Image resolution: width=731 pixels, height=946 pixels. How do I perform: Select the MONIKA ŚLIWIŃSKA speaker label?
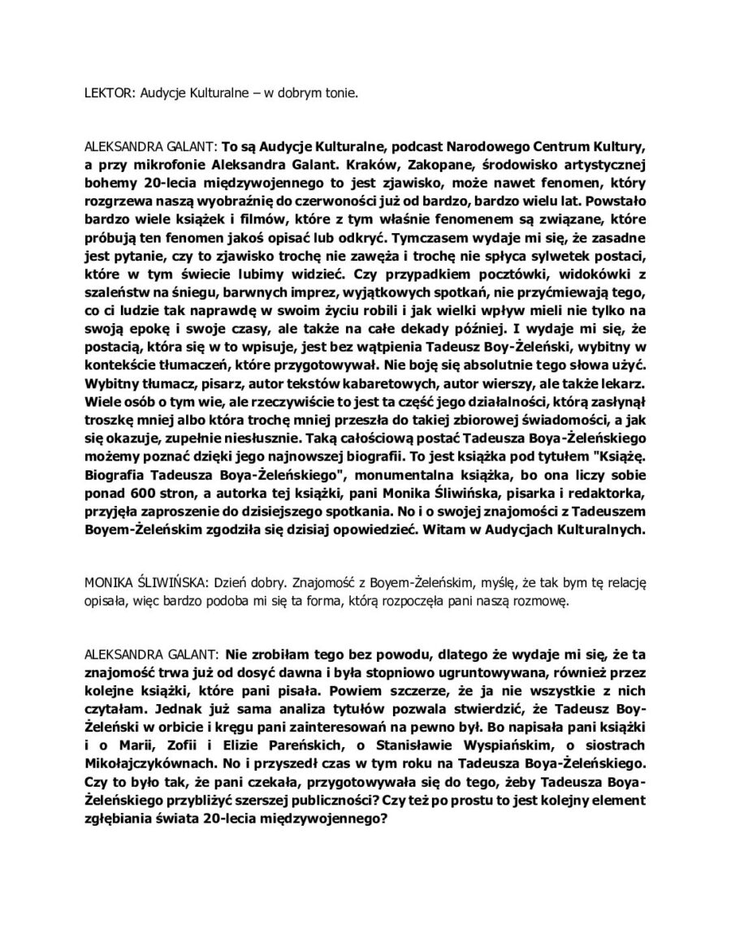pyautogui.click(x=137, y=582)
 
